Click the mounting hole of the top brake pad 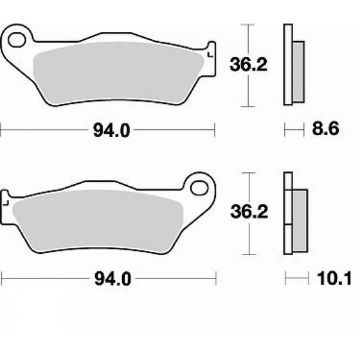pos(17,40)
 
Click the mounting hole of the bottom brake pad pos(199,188)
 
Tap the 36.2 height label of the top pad pos(248,64)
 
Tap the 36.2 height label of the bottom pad pos(249,212)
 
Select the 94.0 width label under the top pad pos(112,130)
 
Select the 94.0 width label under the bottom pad pos(113,279)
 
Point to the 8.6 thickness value pos(325,129)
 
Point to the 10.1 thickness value pos(334,278)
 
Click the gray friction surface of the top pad pos(118,73)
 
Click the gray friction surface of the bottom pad pos(98,222)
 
